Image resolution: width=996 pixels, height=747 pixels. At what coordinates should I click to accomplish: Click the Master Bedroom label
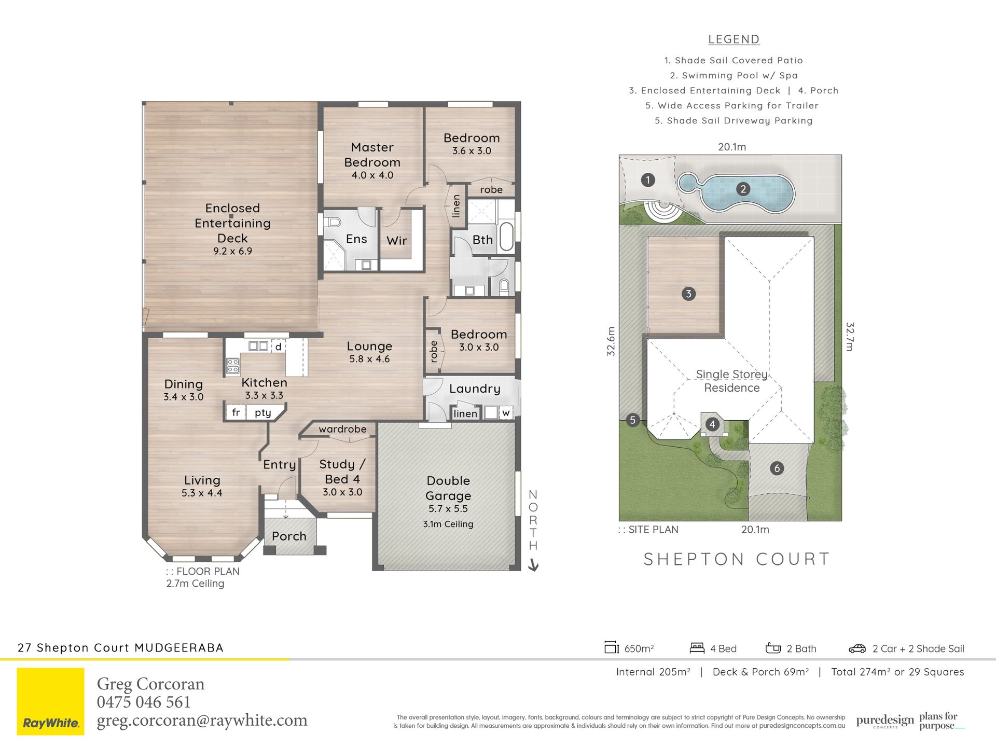point(372,155)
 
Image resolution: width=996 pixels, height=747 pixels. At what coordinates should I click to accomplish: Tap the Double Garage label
point(448,488)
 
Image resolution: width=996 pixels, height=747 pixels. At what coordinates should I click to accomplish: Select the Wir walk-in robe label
point(397,241)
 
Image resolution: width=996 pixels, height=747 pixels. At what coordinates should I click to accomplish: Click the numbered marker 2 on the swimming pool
point(743,189)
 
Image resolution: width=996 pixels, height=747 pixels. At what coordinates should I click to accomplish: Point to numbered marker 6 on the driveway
point(777,468)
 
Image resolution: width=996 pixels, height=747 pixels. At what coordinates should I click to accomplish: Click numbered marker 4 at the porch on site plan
point(712,424)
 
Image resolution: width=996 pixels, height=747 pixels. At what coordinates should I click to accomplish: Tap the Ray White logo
point(50,701)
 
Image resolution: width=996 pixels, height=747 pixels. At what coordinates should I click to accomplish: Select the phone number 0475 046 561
point(144,702)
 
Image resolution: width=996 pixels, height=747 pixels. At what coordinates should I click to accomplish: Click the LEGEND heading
point(734,39)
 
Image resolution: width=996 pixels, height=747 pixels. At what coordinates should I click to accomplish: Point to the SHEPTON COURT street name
point(737,559)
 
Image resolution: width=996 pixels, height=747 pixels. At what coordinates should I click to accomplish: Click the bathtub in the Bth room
point(507,238)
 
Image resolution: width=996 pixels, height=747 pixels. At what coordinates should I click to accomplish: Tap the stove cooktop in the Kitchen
point(232,366)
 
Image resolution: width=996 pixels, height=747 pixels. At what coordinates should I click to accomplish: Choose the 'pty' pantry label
point(263,413)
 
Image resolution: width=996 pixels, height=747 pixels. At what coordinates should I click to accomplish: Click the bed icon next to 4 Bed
point(697,648)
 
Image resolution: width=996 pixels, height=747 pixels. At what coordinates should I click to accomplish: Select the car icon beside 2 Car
point(857,648)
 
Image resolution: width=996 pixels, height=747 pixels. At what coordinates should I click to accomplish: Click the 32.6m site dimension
point(611,341)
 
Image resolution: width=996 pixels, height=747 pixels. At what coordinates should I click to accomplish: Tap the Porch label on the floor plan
point(289,536)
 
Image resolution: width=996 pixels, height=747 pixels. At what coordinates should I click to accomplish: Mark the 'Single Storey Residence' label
point(731,381)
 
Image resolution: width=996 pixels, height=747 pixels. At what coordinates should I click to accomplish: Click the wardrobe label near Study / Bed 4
point(342,429)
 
